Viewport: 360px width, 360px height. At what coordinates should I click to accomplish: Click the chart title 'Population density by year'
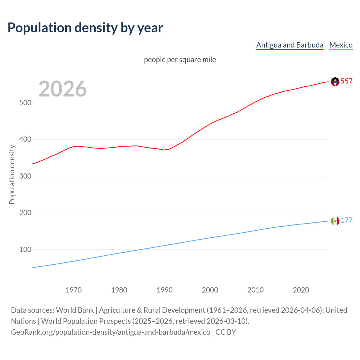85,28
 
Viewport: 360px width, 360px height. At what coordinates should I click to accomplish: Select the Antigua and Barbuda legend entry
290,45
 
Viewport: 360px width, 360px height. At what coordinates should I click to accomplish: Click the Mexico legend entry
341,45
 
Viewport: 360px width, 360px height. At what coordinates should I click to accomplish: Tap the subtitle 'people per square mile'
180,60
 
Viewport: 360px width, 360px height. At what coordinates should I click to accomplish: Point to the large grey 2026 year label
62,89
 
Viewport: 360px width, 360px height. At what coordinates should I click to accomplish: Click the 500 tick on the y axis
25,103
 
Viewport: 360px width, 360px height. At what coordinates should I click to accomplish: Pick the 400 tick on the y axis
25,139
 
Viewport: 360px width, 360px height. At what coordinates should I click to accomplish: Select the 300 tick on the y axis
25,176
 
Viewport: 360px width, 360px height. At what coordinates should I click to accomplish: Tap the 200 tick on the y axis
25,213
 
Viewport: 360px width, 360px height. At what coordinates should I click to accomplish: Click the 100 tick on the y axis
25,249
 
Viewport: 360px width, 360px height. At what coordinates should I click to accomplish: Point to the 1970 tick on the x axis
74,290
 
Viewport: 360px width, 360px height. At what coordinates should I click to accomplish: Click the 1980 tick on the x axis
119,290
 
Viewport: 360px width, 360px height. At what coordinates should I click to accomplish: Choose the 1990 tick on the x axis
165,290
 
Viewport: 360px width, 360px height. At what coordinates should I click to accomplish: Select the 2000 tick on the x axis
210,290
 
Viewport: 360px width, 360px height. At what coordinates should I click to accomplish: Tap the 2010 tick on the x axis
255,290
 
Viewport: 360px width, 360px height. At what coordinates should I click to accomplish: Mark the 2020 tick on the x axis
301,290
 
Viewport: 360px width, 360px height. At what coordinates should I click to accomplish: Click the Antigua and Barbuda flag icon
335,82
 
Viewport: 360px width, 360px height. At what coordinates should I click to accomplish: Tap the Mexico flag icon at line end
335,221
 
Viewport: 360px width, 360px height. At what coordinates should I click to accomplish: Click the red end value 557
346,81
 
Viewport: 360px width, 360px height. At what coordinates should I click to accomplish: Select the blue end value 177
346,220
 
